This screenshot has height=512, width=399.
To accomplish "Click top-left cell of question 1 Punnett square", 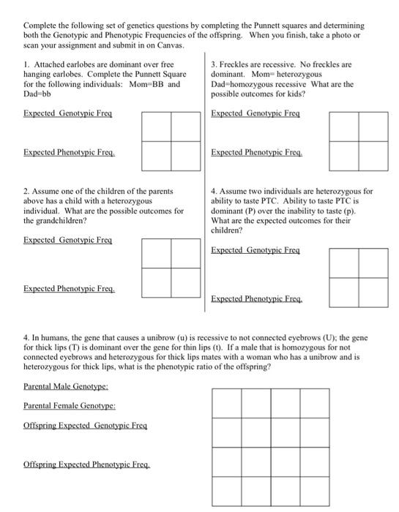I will [x=157, y=126].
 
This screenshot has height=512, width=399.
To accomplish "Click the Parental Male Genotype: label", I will [x=66, y=385].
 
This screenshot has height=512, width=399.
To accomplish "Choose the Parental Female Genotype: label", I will [x=70, y=404].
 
